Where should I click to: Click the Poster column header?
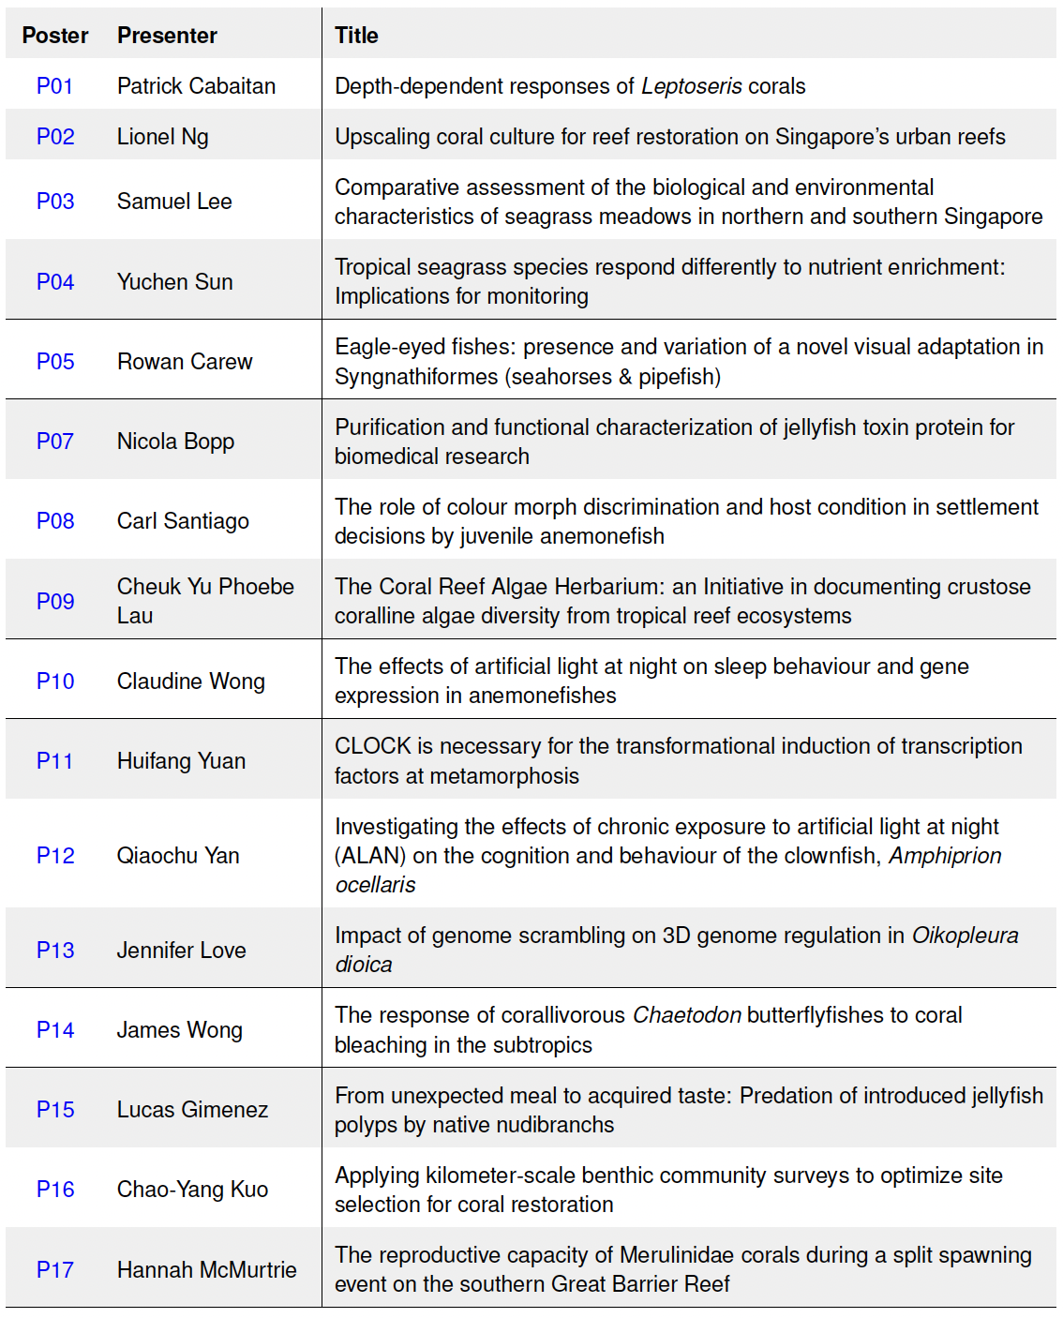coord(55,36)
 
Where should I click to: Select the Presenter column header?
coord(167,36)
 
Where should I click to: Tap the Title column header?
coord(356,36)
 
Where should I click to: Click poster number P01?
coord(54,86)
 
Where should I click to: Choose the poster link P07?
coord(54,442)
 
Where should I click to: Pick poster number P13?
coord(54,951)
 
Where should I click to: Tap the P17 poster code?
coord(54,1270)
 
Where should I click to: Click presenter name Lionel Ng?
coord(162,137)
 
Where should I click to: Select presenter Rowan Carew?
coord(185,362)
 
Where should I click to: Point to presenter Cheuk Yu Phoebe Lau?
coord(204,601)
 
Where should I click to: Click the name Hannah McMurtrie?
coord(206,1270)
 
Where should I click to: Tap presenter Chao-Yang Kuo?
coord(192,1190)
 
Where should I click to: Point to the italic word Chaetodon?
coord(687,1015)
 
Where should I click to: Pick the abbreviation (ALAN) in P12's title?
coord(370,856)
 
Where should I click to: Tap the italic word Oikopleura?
coord(965,936)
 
